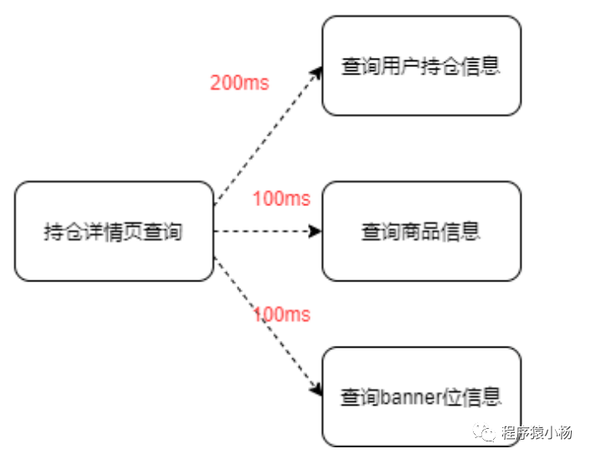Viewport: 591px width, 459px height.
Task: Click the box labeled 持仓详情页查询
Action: tap(114, 231)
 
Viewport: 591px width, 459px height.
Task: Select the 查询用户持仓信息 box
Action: tap(421, 65)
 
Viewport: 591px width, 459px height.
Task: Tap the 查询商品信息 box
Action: tap(421, 231)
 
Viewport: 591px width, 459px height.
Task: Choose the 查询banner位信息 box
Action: tap(421, 396)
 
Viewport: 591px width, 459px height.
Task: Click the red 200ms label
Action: tap(239, 83)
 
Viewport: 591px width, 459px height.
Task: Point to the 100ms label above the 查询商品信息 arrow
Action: tap(281, 199)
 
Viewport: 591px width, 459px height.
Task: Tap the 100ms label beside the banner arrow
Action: tap(281, 315)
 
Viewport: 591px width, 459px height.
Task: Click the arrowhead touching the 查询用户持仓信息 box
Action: tap(317, 71)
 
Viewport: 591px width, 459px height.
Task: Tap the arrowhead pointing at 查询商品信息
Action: tap(316, 231)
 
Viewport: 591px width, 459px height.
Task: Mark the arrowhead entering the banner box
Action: tap(317, 389)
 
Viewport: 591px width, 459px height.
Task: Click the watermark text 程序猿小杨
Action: tap(537, 433)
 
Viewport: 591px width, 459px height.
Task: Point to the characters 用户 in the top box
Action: tap(405, 66)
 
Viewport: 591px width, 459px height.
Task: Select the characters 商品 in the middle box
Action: tap(420, 231)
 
